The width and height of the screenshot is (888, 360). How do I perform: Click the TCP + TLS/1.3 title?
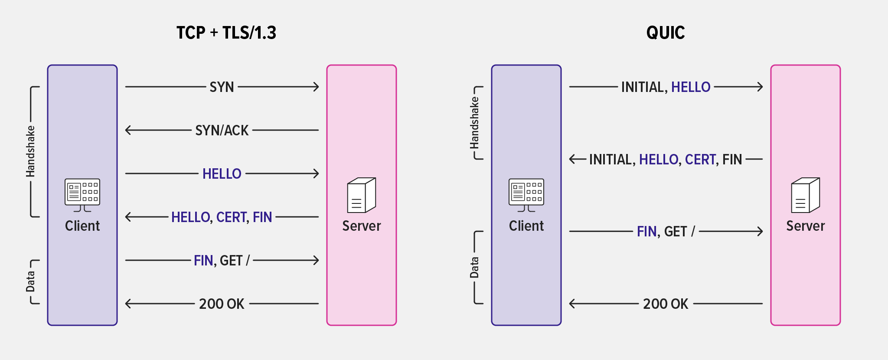pyautogui.click(x=226, y=33)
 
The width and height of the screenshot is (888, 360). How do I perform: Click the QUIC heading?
pyautogui.click(x=665, y=33)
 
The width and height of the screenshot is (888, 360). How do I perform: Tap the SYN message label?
pyautogui.click(x=222, y=87)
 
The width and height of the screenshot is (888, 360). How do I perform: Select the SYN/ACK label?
pyautogui.click(x=222, y=130)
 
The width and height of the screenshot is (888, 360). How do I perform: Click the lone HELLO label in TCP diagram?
pyautogui.click(x=222, y=174)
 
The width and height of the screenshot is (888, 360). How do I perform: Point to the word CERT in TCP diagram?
pyautogui.click(x=232, y=217)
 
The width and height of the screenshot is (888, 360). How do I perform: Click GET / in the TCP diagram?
pyautogui.click(x=235, y=260)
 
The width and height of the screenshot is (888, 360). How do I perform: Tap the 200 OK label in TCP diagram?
pyautogui.click(x=222, y=304)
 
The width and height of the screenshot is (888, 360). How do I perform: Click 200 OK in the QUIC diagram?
pyautogui.click(x=665, y=304)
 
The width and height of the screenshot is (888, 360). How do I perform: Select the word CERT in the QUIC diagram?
pyautogui.click(x=700, y=160)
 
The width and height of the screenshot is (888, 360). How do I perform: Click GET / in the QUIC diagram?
pyautogui.click(x=679, y=232)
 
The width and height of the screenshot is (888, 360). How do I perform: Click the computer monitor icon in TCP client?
pyautogui.click(x=82, y=194)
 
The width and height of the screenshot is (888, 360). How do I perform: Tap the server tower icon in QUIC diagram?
pyautogui.click(x=805, y=195)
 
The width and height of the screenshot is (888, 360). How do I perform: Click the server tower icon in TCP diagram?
pyautogui.click(x=361, y=195)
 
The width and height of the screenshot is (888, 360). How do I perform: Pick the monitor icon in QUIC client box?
pyautogui.click(x=526, y=194)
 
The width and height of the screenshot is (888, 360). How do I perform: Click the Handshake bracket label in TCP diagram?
pyautogui.click(x=30, y=151)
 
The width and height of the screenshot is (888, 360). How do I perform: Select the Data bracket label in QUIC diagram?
pyautogui.click(x=474, y=267)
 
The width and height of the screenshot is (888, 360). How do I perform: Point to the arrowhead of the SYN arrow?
pyautogui.click(x=317, y=87)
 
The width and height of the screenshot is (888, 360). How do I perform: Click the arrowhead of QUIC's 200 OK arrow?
pyautogui.click(x=572, y=304)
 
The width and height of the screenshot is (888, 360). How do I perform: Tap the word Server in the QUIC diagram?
pyautogui.click(x=805, y=226)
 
